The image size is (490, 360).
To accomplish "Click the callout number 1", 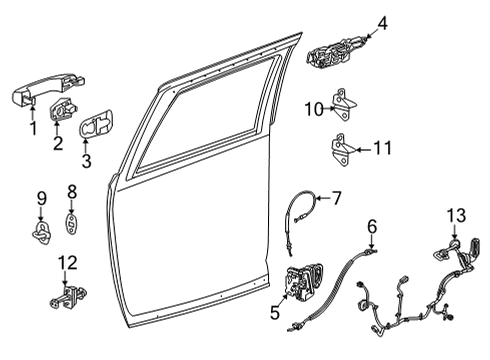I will (x=33, y=128).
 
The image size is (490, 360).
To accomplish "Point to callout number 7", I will (x=336, y=198).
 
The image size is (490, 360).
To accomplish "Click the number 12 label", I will (x=66, y=263).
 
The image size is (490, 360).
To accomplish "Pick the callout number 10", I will (x=312, y=108).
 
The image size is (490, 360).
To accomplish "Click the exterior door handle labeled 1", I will (x=30, y=100).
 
